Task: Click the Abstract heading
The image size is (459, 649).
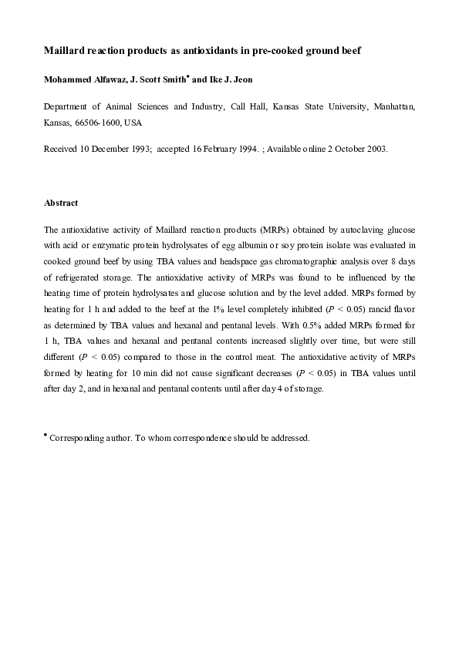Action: coord(61,203)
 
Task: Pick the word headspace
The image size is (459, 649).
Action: coord(238,261)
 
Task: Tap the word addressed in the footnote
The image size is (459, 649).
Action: coord(287,438)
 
